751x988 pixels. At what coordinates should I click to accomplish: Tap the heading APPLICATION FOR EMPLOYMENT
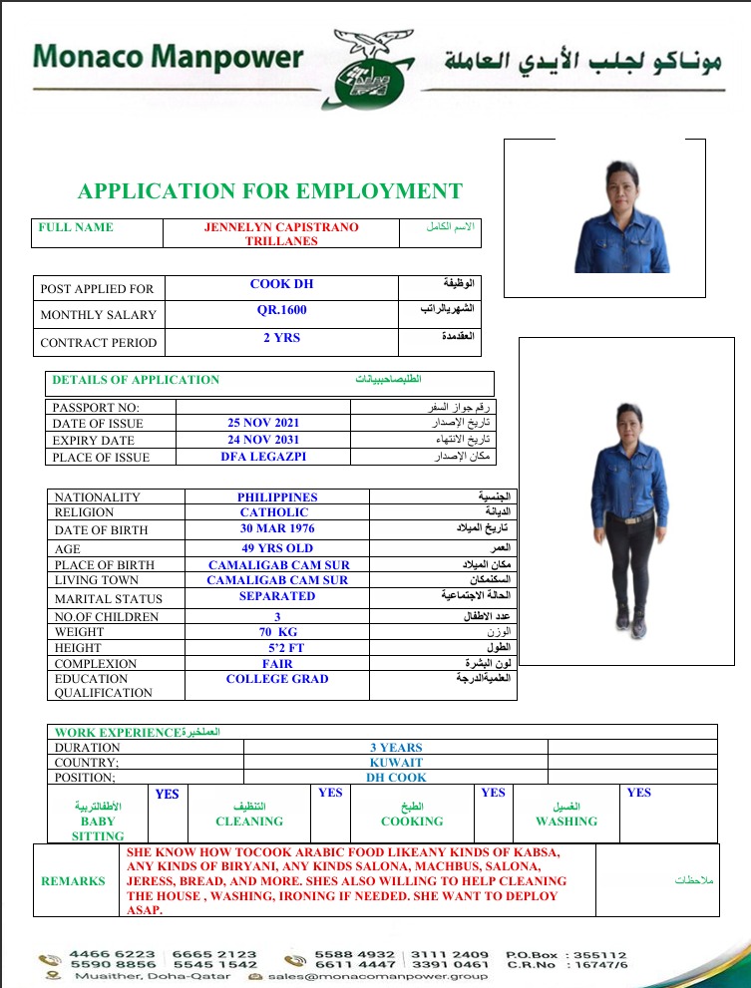coord(270,191)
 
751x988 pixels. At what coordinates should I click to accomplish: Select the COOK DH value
coord(281,284)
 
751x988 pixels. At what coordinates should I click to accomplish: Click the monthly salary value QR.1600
coord(281,310)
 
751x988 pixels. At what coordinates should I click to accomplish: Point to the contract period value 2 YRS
coord(281,338)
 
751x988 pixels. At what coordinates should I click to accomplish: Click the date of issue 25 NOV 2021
coord(263,423)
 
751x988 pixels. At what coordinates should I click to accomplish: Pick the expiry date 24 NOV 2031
coord(263,440)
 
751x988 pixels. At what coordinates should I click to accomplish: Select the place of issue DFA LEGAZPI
coord(263,457)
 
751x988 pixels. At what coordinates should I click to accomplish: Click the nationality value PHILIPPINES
coord(277,496)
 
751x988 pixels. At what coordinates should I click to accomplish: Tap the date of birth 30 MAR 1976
coord(277,528)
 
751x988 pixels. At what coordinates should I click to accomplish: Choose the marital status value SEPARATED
coord(277,596)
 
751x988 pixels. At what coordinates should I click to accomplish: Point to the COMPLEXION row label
coord(96,664)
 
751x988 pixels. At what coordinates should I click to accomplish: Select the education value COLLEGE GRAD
coord(277,679)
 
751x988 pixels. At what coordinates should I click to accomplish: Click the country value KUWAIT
coord(396,763)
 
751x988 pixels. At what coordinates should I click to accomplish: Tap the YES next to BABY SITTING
coord(168,795)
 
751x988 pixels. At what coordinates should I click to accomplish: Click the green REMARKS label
coord(73,881)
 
